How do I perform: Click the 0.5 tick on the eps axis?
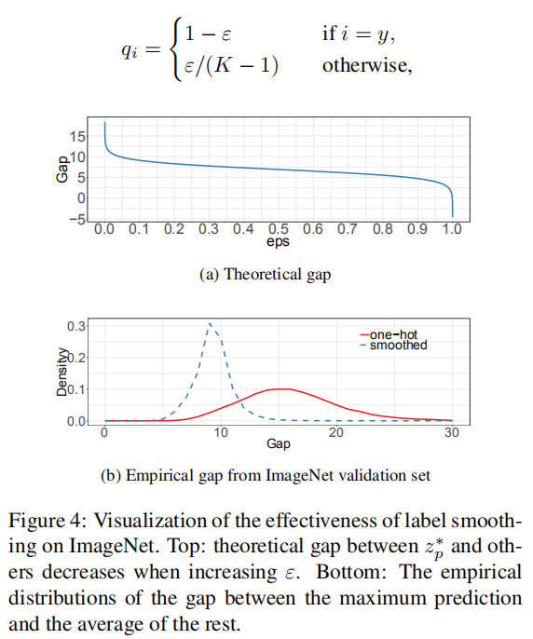pyautogui.click(x=278, y=228)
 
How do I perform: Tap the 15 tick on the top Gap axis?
pyautogui.click(x=77, y=137)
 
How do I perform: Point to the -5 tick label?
pyautogui.click(x=76, y=220)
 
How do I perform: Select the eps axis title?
pyautogui.click(x=278, y=241)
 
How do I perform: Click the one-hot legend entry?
pyautogui.click(x=389, y=334)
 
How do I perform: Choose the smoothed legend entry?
pyautogui.click(x=394, y=346)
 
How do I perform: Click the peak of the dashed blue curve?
pyautogui.click(x=210, y=323)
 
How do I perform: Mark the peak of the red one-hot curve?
pyautogui.click(x=281, y=388)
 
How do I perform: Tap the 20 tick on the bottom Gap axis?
pyautogui.click(x=336, y=432)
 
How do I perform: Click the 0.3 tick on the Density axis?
pyautogui.click(x=76, y=326)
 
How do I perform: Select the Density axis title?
pyautogui.click(x=61, y=372)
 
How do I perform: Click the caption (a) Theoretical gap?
pyautogui.click(x=265, y=274)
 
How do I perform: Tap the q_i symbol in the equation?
pyautogui.click(x=130, y=51)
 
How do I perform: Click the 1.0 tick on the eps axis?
pyautogui.click(x=452, y=228)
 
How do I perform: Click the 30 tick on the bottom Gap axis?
pyautogui.click(x=452, y=432)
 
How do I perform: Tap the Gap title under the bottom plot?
pyautogui.click(x=279, y=443)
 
